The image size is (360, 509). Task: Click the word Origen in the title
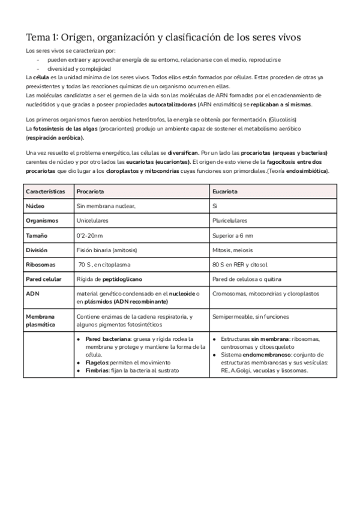[93, 37]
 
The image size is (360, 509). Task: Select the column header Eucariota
[224, 191]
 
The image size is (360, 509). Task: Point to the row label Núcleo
[35, 205]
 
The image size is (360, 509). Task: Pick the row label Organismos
[42, 220]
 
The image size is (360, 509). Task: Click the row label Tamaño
[37, 235]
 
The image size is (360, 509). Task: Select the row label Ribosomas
[40, 264]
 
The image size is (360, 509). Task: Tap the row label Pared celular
[44, 279]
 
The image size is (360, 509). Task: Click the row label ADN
[32, 294]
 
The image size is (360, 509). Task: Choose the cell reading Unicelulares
[92, 220]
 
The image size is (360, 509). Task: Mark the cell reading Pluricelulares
[230, 220]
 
